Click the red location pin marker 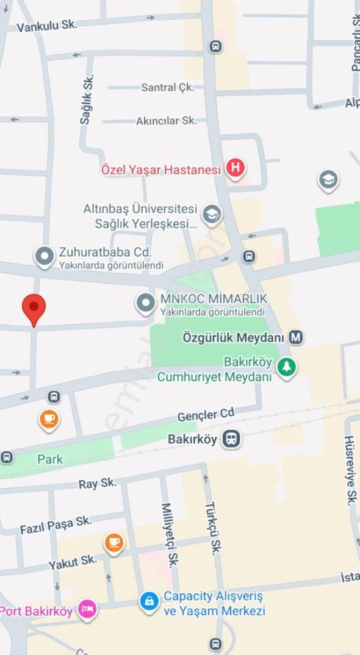[x=34, y=308]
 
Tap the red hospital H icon [x=236, y=168]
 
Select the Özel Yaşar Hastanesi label [x=161, y=170]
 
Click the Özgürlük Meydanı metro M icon [x=296, y=337]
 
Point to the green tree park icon [x=286, y=367]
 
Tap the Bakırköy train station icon [x=231, y=438]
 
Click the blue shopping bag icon [x=149, y=601]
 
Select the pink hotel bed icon [x=87, y=610]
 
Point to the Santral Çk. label [x=168, y=87]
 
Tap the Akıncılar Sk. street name [x=167, y=121]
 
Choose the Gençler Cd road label [x=206, y=415]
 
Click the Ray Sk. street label [x=98, y=484]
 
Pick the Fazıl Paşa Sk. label [x=56, y=525]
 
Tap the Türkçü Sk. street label [x=212, y=528]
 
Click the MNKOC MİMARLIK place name [x=213, y=299]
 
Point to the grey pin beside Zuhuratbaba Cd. [x=45, y=257]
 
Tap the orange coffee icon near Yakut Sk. [x=113, y=542]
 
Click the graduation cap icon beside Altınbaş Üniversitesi [x=212, y=214]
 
